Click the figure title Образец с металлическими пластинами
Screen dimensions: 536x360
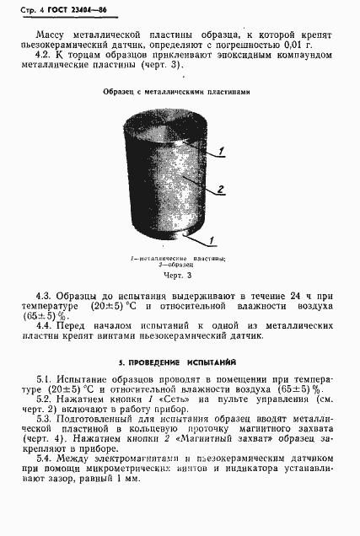point(175,93)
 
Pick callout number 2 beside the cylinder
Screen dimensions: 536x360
point(221,190)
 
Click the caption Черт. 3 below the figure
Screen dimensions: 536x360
point(177,276)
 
